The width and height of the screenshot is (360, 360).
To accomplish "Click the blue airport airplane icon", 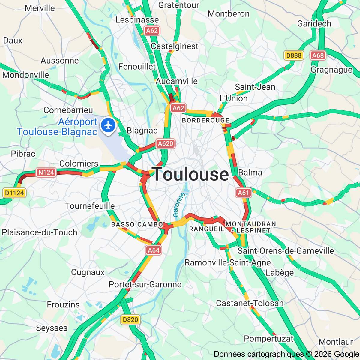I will point(108,125).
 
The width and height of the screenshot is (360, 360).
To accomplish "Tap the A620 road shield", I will point(165,144).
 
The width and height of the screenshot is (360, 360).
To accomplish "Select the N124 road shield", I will point(46,172).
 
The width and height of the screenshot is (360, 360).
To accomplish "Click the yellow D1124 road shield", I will point(14,193).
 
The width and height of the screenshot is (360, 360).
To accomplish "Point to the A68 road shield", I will point(318,55).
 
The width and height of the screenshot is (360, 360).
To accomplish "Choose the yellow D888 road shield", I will point(293,55).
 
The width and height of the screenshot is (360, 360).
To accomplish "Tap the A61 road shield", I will point(243,193).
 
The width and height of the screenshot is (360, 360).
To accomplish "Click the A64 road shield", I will point(154,250).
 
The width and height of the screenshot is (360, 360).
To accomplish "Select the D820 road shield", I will point(130,320).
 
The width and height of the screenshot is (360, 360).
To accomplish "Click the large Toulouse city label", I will point(191,174).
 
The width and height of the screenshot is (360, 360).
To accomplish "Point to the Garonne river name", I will point(179,205).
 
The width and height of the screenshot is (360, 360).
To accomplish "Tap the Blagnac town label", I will point(142,130).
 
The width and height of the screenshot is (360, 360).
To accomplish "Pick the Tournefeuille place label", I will point(90,206).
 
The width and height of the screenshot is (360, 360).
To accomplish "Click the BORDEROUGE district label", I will point(206,120).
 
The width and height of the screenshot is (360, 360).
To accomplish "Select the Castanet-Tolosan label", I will point(250,303).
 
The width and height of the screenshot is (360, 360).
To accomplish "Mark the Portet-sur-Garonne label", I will point(145,284).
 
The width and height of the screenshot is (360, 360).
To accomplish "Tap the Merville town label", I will point(40,8).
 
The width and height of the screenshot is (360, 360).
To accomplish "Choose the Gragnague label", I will point(331,70).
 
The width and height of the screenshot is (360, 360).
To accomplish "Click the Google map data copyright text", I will point(286,355).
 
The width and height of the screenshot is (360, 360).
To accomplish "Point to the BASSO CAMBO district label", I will point(137,224).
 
